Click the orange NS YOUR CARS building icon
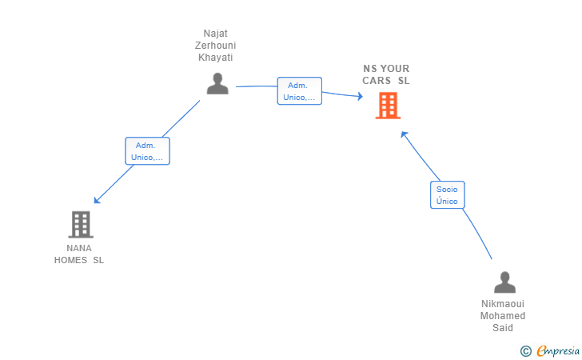(x=388, y=106)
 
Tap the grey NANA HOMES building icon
(x=81, y=224)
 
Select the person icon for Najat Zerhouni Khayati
(x=217, y=83)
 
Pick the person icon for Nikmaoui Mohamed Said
(x=504, y=282)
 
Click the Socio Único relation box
(x=447, y=195)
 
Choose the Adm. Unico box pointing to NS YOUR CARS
(x=300, y=91)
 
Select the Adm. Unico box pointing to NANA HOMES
(x=147, y=151)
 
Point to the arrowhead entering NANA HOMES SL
(x=97, y=201)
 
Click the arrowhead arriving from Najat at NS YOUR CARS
(x=360, y=96)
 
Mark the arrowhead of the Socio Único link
(x=404, y=134)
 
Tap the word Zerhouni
(x=215, y=46)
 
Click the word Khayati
(x=215, y=58)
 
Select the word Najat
(x=215, y=34)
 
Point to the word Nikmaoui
(x=503, y=304)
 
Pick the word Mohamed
(x=503, y=316)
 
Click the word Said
(x=503, y=328)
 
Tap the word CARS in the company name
(x=377, y=81)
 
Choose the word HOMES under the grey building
(x=70, y=260)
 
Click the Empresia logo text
(x=558, y=350)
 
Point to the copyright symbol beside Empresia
(x=526, y=351)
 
